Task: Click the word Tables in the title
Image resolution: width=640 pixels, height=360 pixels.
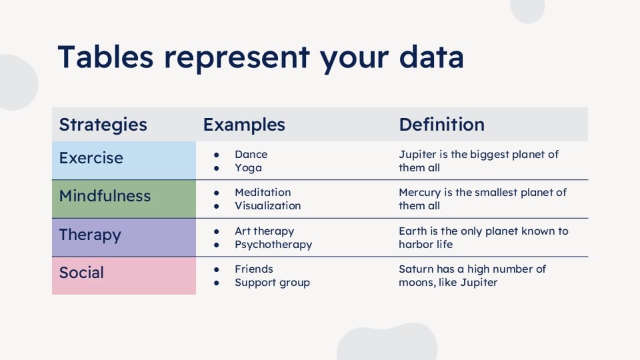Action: click(x=106, y=57)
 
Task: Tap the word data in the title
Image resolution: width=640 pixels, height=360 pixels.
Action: click(x=431, y=57)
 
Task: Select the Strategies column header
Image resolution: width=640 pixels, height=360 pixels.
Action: click(x=103, y=125)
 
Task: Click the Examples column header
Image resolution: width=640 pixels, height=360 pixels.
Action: click(x=244, y=125)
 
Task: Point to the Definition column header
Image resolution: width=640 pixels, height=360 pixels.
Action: click(x=441, y=125)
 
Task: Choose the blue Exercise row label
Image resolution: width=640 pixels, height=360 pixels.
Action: click(x=91, y=158)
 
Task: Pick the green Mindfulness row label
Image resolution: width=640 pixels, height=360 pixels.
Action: click(x=105, y=196)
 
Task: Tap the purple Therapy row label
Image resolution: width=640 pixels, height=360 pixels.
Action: click(x=90, y=235)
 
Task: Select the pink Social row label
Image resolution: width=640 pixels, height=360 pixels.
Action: click(x=81, y=273)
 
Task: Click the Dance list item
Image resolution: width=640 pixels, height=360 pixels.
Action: click(x=251, y=154)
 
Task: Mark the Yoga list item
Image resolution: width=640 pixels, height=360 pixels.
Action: click(x=248, y=168)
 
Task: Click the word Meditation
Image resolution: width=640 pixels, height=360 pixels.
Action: click(x=263, y=192)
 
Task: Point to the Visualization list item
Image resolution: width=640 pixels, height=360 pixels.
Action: click(x=268, y=206)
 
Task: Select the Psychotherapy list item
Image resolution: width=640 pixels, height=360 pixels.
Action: click(x=273, y=245)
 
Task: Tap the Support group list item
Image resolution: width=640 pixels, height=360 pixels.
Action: click(x=272, y=283)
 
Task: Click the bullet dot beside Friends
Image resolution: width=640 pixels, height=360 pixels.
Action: click(x=216, y=269)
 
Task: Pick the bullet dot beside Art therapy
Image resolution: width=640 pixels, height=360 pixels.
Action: click(x=216, y=231)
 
